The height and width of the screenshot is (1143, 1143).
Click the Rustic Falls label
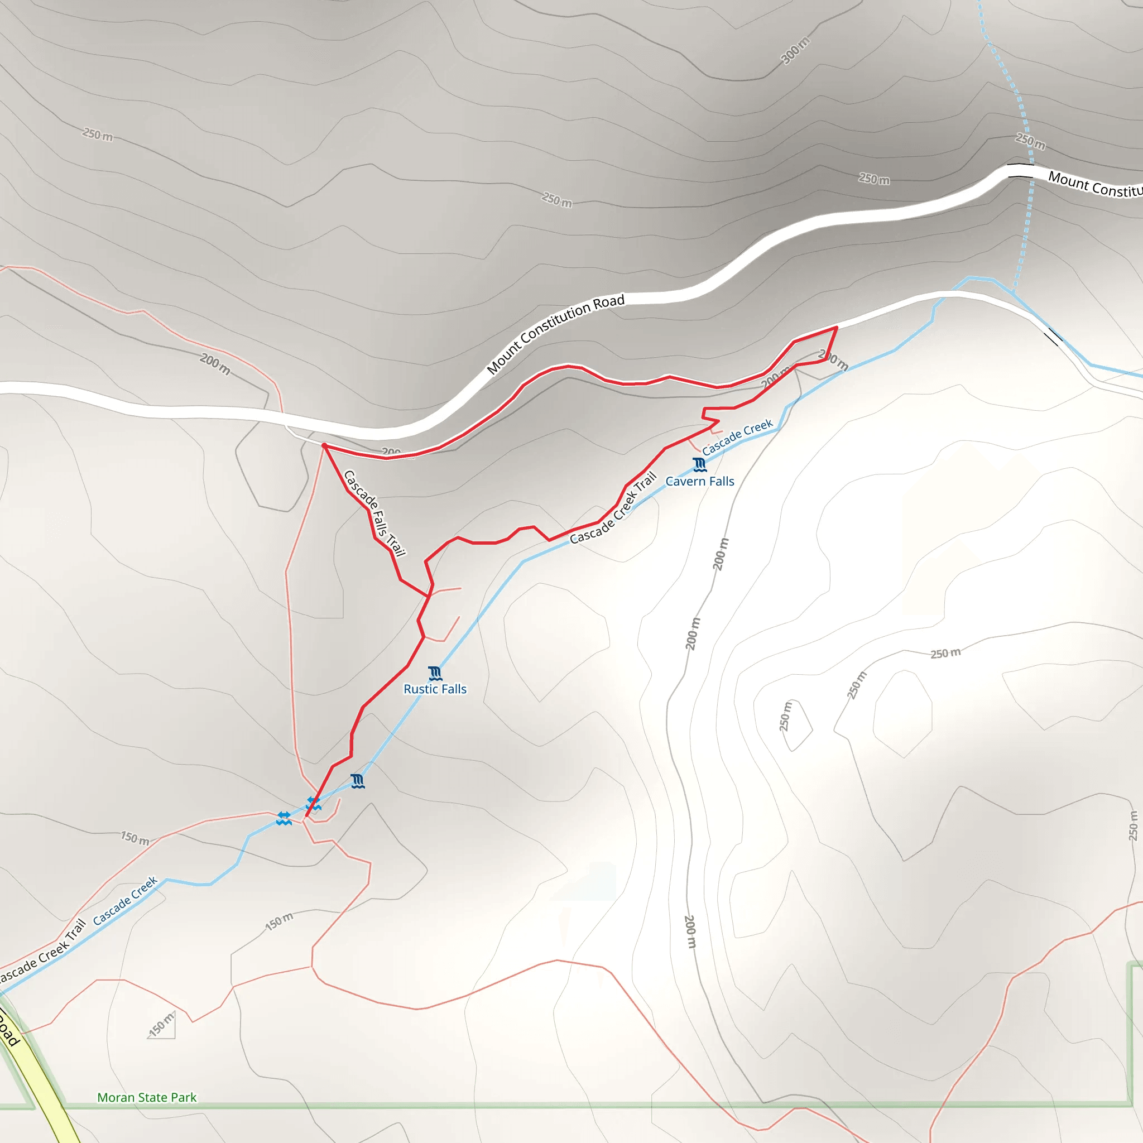click(x=435, y=689)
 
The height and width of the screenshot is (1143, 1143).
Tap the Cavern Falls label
click(x=700, y=482)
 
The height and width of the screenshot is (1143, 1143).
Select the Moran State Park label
click(x=147, y=1097)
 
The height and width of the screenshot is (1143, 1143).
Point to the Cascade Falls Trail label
click(x=374, y=513)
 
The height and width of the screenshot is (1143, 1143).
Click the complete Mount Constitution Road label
click(x=555, y=334)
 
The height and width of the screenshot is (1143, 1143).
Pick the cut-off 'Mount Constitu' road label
click(x=1094, y=185)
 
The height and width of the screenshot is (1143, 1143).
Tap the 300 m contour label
click(x=795, y=50)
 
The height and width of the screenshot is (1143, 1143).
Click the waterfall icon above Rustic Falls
click(x=435, y=673)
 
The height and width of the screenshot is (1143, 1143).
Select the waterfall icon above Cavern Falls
click(x=700, y=464)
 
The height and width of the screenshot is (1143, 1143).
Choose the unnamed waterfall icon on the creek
click(x=357, y=781)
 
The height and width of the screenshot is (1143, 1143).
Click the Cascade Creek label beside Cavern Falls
click(x=737, y=437)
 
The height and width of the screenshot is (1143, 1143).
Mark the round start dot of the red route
click(x=324, y=445)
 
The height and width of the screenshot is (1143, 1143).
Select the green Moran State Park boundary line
click(x=592, y=1104)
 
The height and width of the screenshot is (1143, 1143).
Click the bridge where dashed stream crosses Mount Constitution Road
click(x=1021, y=170)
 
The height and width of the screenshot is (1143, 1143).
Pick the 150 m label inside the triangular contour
click(x=161, y=1024)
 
